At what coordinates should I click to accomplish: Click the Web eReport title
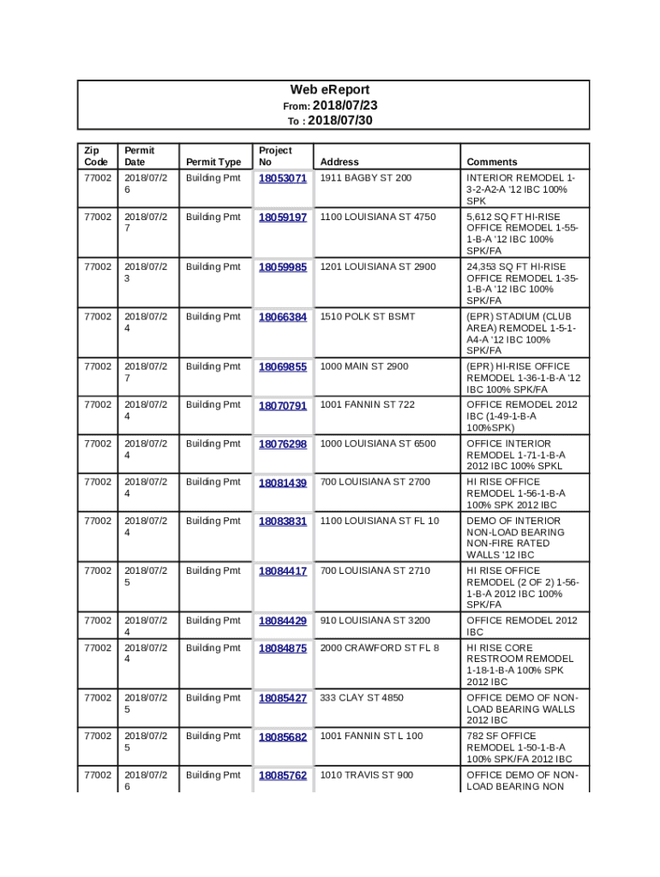[x=330, y=90]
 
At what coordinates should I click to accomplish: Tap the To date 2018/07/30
[x=339, y=121]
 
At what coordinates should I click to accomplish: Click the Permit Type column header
[x=213, y=162]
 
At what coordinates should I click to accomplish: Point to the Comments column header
[x=492, y=162]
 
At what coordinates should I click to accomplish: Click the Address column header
[x=339, y=162]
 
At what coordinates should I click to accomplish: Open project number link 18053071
[x=283, y=178]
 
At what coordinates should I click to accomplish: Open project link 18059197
[x=283, y=218]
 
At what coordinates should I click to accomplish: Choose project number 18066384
[x=283, y=317]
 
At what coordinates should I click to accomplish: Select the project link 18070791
[x=283, y=405]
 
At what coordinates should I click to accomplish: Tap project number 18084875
[x=283, y=648]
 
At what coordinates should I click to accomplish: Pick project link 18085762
[x=283, y=775]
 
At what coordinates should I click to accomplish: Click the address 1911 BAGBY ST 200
[x=366, y=178]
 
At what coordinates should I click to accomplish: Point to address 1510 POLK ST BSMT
[x=368, y=317]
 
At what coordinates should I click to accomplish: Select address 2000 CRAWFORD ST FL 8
[x=380, y=648]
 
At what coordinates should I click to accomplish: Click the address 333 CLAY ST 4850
[x=362, y=698]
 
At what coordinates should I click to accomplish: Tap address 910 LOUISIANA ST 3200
[x=375, y=621]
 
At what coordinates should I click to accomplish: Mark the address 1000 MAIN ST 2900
[x=364, y=367]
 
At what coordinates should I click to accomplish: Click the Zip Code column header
[x=96, y=156]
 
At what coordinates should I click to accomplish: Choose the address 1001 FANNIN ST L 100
[x=372, y=737]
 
